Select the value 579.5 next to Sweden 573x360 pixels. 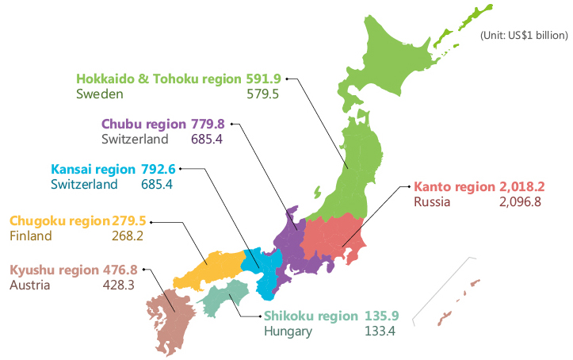[264, 94]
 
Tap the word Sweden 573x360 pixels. [100, 94]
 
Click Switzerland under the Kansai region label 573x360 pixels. [84, 184]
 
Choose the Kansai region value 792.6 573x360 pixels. [156, 170]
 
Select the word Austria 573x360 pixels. [30, 285]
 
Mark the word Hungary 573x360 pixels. [288, 331]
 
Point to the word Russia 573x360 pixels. [432, 201]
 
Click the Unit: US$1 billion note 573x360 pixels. [525, 35]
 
